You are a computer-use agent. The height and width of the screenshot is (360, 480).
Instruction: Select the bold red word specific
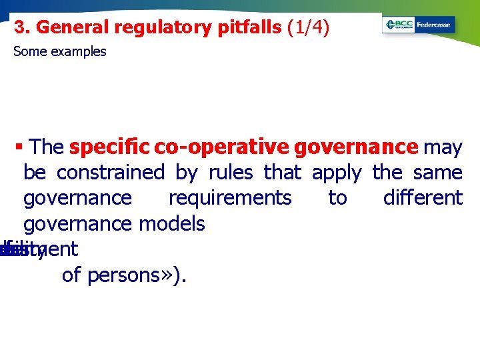point(109,147)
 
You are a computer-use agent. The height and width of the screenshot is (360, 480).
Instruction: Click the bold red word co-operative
point(221,147)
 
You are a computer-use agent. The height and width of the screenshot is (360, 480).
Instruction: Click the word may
point(443,147)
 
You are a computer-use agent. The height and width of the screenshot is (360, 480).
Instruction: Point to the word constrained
point(110,173)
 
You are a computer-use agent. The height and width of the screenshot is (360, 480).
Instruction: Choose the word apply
point(336,173)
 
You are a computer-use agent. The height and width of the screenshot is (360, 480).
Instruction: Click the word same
point(437,173)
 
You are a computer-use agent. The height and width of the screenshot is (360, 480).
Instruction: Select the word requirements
point(230,198)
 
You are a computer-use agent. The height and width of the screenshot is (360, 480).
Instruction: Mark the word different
point(423,198)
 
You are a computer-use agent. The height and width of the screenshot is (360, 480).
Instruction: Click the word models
point(172,223)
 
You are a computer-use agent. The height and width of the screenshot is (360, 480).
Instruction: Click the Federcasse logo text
point(433,25)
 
